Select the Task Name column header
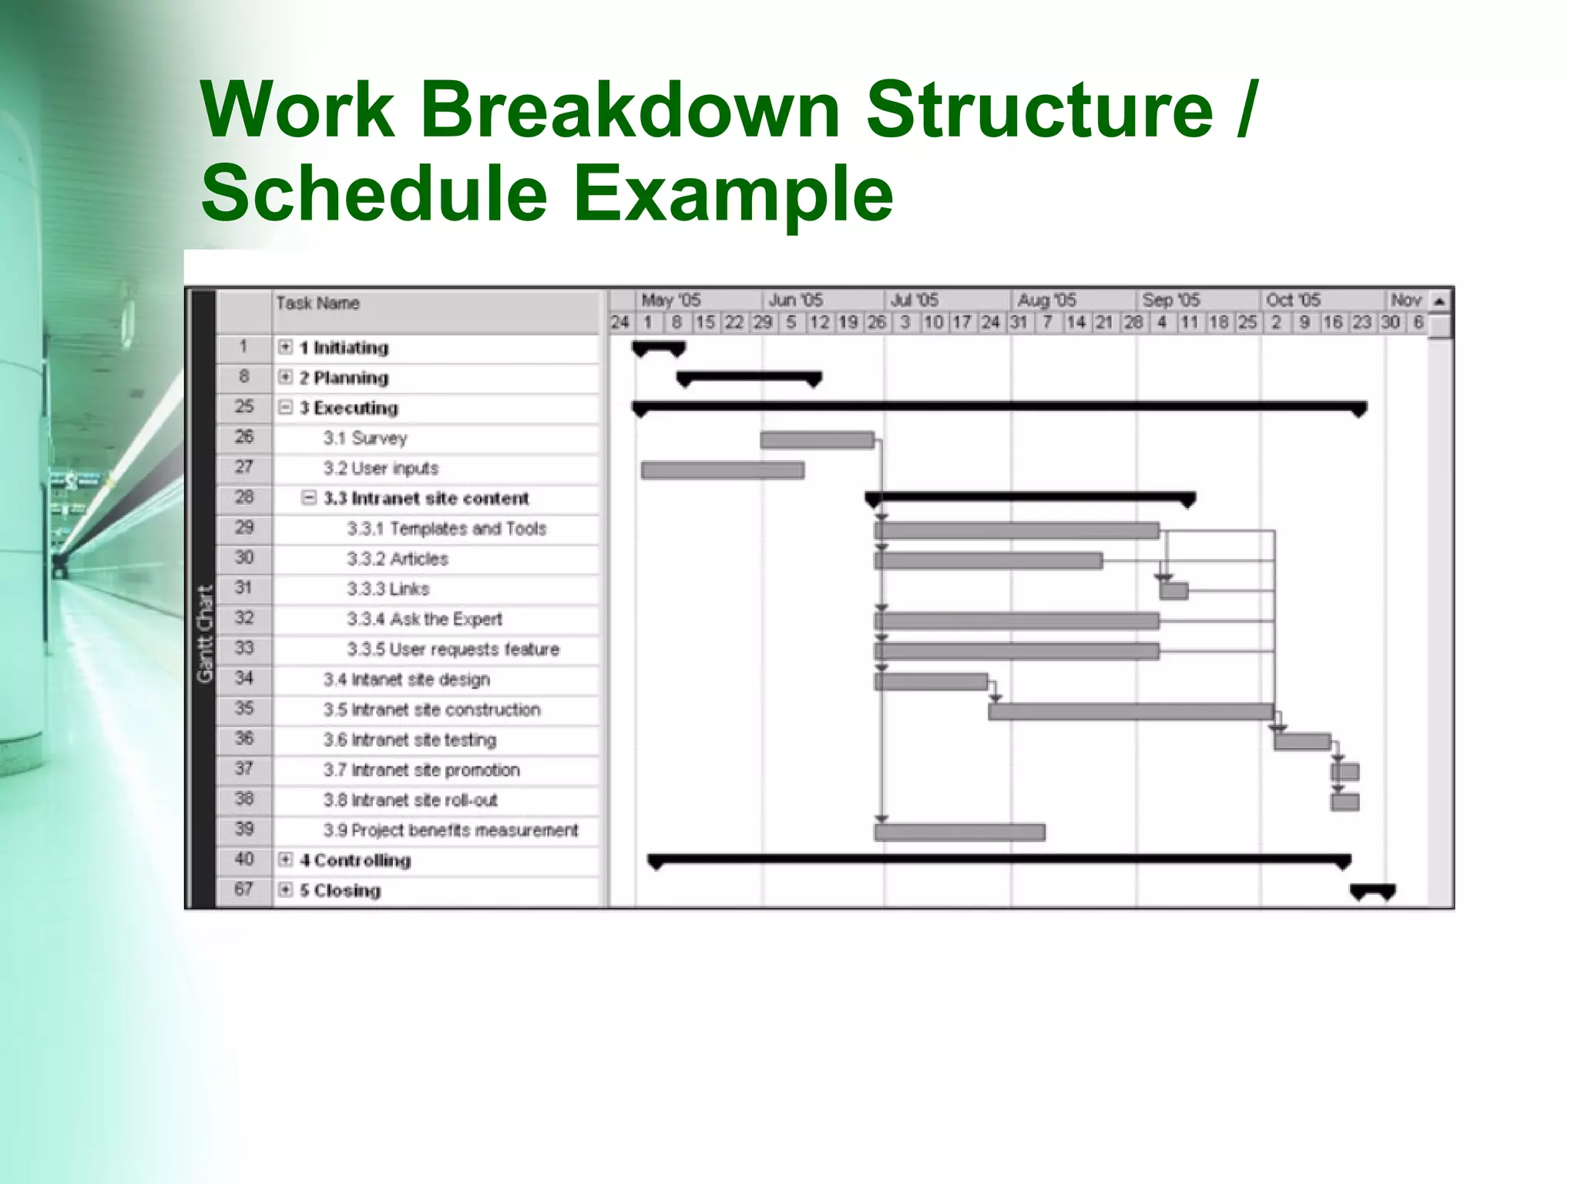318,303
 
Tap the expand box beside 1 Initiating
285,347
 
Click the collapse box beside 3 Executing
285,407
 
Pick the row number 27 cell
243,467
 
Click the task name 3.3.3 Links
388,589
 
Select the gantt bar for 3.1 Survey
817,440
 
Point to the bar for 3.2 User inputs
722,470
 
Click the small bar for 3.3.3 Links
1173,591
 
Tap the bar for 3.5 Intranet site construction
1130,711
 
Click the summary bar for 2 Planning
749,377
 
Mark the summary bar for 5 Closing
1372,889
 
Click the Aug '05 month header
1046,300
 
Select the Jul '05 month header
915,300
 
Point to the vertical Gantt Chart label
204,634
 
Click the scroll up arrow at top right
1439,301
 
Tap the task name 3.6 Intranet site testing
409,740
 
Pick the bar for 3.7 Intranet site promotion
1345,772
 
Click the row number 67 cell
243,890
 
